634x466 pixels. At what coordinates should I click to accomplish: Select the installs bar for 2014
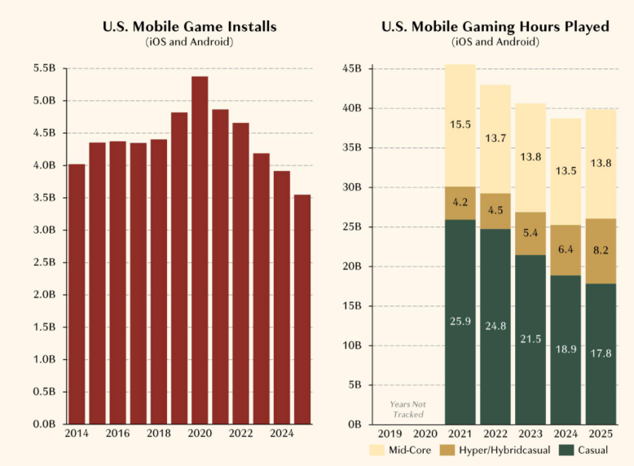point(77,293)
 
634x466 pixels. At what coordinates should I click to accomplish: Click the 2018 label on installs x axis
point(159,434)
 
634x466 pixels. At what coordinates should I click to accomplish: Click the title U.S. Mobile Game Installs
point(190,27)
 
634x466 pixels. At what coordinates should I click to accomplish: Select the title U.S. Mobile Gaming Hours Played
point(495,27)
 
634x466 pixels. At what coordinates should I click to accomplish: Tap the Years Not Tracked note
point(407,409)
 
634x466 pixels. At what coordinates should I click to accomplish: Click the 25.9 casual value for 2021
point(460,322)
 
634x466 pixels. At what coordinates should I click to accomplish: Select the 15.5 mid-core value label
point(460,125)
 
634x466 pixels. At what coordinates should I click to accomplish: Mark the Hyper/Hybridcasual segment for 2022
point(495,211)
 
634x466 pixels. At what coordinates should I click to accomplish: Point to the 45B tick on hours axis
point(351,69)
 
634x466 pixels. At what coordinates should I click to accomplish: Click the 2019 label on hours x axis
point(389,434)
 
